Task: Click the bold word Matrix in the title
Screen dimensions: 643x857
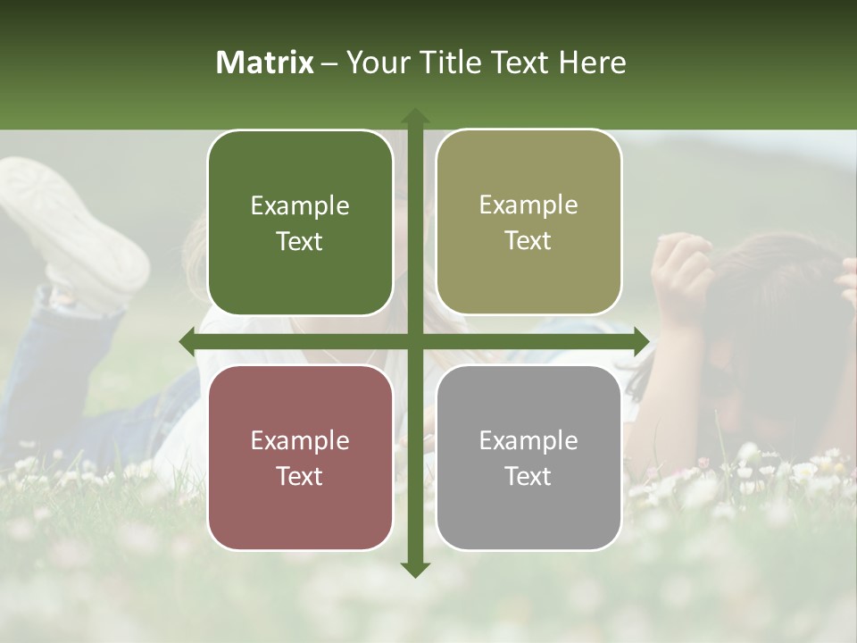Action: coord(265,63)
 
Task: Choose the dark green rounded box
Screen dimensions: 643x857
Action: coord(300,222)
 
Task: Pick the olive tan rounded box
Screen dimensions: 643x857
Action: coord(528,221)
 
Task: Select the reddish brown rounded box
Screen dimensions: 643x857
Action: coord(300,457)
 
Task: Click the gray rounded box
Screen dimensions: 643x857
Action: coord(528,457)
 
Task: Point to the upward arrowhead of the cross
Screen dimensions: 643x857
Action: coord(415,116)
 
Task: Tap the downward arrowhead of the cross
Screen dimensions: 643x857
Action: coord(415,569)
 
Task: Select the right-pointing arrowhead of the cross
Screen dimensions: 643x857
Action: coord(641,341)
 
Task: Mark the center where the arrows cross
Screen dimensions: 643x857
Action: coord(415,341)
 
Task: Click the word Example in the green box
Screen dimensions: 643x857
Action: coord(300,206)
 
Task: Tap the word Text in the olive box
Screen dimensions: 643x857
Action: coord(528,241)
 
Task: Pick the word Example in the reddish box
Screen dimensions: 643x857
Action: coord(300,441)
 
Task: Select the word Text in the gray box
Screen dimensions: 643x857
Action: coord(528,477)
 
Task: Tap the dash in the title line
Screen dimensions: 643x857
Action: coord(330,63)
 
